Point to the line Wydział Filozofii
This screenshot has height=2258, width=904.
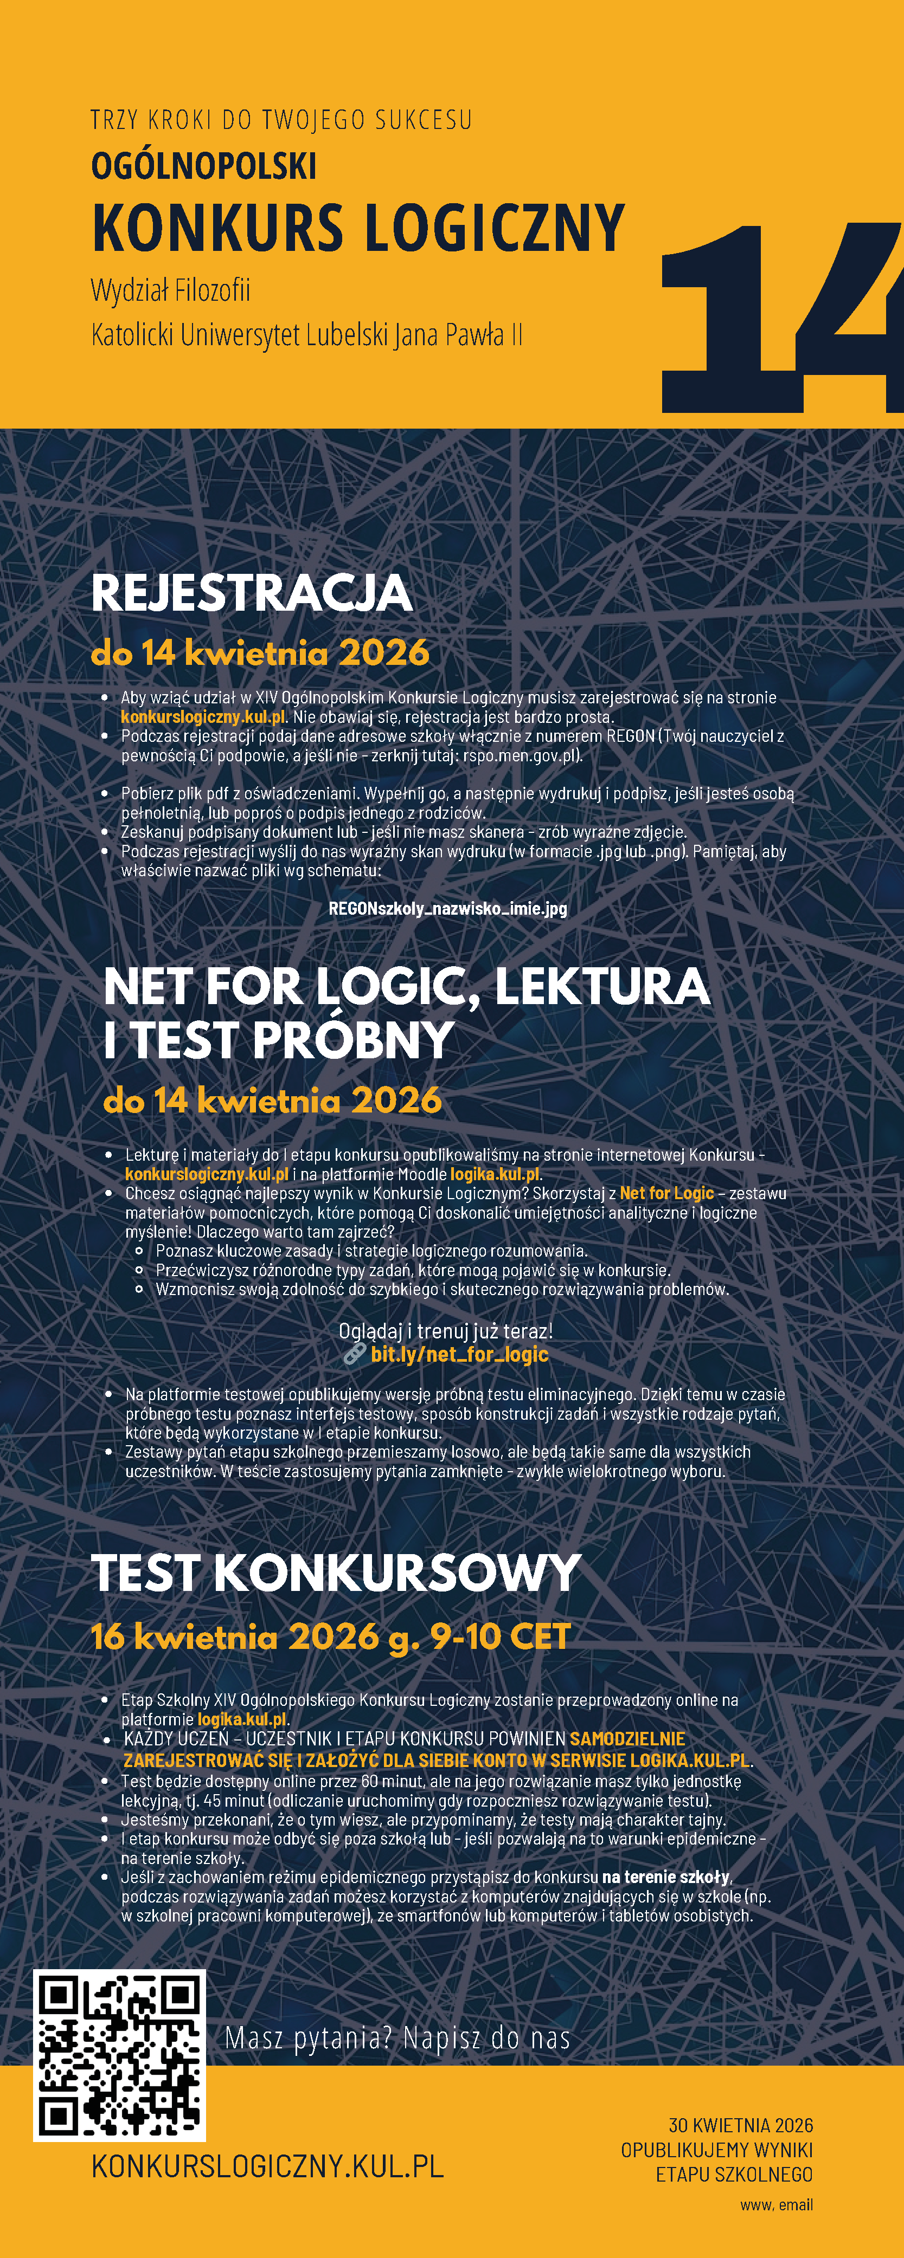point(170,290)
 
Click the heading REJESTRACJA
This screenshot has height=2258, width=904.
point(252,593)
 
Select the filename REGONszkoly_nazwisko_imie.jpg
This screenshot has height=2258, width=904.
point(447,908)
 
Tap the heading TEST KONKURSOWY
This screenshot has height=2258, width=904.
point(336,1573)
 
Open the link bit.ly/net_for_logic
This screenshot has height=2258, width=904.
point(459,1354)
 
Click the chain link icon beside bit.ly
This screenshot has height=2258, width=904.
point(354,1354)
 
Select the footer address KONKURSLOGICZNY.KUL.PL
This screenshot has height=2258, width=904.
point(267,2167)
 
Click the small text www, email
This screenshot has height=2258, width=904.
point(776,2204)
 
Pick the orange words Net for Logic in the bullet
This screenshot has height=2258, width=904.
point(666,1193)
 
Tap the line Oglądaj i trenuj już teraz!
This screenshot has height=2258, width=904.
point(445,1331)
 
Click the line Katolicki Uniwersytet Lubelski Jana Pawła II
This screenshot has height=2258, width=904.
point(307,335)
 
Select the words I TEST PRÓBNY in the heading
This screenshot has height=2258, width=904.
point(279,1040)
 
